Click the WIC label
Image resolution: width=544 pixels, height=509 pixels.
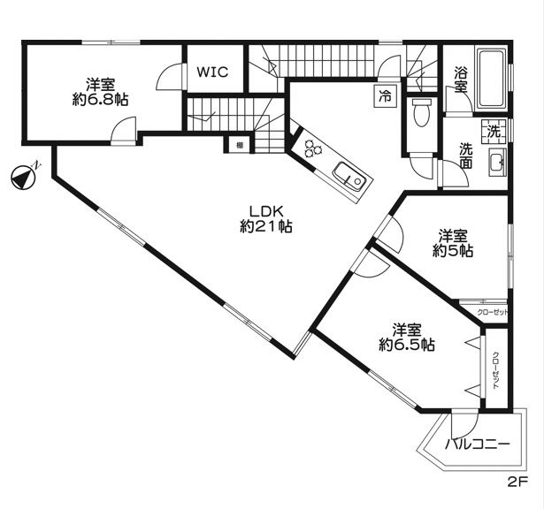coord(213,72)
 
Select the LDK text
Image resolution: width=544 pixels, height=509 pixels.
coord(265,211)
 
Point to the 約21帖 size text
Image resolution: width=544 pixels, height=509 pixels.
coord(266,227)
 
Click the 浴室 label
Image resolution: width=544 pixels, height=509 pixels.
coord(460,80)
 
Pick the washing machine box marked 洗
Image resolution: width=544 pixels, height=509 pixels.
coord(494,131)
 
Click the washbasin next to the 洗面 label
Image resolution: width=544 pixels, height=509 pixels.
coord(498,162)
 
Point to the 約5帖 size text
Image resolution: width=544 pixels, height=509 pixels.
coord(453,244)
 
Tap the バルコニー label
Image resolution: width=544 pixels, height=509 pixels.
coord(478,444)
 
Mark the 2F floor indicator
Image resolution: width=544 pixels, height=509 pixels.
coord(517,482)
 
